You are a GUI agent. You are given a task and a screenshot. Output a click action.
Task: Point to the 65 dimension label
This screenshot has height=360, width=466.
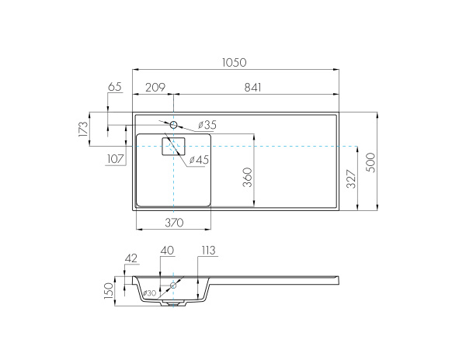pyautogui.click(x=115, y=88)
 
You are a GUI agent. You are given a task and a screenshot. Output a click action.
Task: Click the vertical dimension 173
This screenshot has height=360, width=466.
pyautogui.click(x=84, y=129)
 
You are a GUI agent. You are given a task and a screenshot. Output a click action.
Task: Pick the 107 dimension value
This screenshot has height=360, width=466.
pyautogui.click(x=116, y=159)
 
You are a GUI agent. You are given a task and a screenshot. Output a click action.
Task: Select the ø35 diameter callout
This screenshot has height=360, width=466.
pyautogui.click(x=207, y=125)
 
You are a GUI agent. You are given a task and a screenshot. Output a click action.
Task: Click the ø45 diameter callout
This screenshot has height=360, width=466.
pyautogui.click(x=200, y=160)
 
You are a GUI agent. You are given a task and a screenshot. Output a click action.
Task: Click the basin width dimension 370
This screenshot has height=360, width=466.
pyautogui.click(x=173, y=223)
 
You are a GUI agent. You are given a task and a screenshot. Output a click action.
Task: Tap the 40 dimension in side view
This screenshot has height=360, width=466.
pyautogui.click(x=167, y=251)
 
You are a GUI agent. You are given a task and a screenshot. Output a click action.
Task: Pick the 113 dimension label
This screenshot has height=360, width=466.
pyautogui.click(x=207, y=251)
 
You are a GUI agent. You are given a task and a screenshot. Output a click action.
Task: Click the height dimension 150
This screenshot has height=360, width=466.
pyautogui.click(x=110, y=289)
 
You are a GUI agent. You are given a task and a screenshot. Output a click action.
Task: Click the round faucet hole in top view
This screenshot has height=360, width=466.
pyautogui.click(x=174, y=124)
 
